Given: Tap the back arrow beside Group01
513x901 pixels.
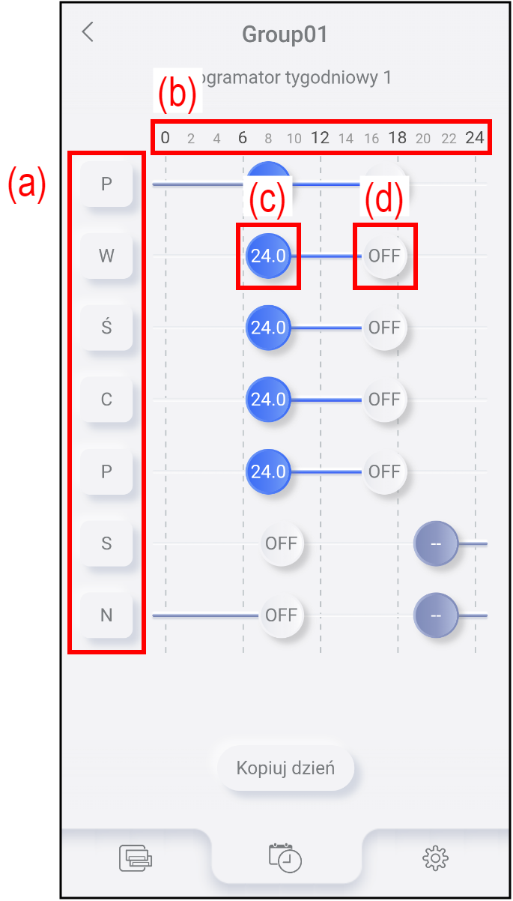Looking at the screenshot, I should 88,32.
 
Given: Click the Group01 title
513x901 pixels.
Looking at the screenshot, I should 285,34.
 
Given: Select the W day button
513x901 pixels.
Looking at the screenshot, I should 106,256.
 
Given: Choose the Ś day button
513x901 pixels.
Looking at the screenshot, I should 106,328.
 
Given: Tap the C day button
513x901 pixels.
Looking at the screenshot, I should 106,400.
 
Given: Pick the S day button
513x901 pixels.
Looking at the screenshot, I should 106,543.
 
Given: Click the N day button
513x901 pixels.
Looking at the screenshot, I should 106,615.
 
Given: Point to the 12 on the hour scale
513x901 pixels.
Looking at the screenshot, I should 320,138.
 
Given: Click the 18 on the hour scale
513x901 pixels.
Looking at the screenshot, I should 398,138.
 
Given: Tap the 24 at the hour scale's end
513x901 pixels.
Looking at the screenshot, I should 475,138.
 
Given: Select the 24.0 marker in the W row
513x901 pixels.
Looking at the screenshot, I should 268,256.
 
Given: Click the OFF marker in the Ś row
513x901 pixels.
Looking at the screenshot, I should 385,328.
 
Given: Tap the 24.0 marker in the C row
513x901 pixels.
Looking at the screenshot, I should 268,400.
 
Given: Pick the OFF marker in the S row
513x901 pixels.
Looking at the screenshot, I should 282,543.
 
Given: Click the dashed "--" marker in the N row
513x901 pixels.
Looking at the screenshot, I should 436,615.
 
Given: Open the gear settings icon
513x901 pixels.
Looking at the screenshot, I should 435,858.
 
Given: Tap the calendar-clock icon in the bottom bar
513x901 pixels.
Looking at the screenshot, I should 285,858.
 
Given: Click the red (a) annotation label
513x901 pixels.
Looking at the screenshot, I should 28,184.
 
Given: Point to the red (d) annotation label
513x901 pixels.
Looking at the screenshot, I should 383,199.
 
